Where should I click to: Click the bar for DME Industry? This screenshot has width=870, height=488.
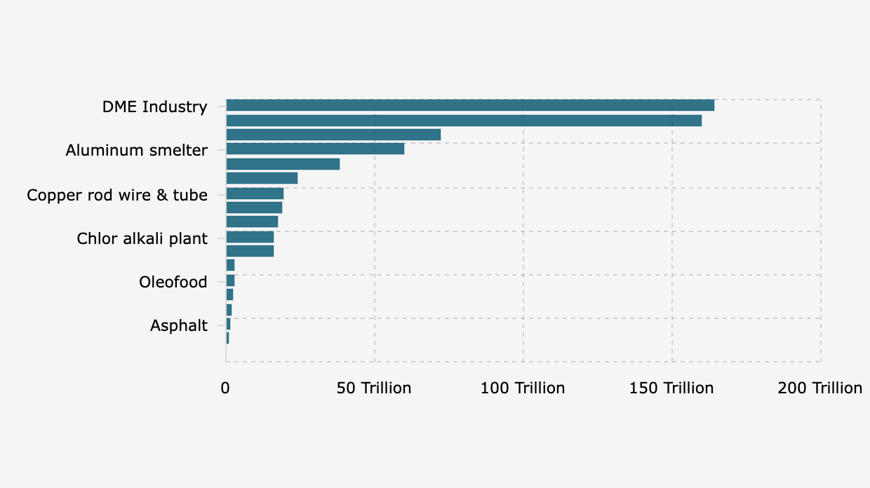pyautogui.click(x=470, y=105)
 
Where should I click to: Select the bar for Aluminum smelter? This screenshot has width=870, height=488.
pyautogui.click(x=315, y=149)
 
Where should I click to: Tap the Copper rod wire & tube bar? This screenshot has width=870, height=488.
pyautogui.click(x=255, y=194)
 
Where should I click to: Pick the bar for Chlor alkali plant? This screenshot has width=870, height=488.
pyautogui.click(x=250, y=237)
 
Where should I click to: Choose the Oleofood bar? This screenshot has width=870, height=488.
pyautogui.click(x=230, y=280)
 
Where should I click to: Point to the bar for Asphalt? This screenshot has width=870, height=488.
pyautogui.click(x=228, y=324)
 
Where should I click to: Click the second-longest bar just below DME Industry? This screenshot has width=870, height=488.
pyautogui.click(x=464, y=121)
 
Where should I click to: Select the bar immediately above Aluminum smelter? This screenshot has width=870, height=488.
pyautogui.click(x=333, y=135)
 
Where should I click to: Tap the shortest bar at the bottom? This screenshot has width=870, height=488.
pyautogui.click(x=227, y=339)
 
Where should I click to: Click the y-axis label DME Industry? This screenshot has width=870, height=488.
pyautogui.click(x=155, y=107)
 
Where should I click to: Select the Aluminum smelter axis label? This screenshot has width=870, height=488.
pyautogui.click(x=137, y=151)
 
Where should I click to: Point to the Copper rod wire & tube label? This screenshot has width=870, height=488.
pyautogui.click(x=117, y=195)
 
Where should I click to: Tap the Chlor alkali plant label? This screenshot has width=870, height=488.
pyautogui.click(x=142, y=239)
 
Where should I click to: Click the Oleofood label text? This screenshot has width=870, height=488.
pyautogui.click(x=173, y=283)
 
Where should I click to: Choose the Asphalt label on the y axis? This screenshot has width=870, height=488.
pyautogui.click(x=179, y=326)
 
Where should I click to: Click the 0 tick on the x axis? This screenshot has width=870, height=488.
pyautogui.click(x=226, y=388)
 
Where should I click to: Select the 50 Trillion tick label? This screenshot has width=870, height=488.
pyautogui.click(x=374, y=388)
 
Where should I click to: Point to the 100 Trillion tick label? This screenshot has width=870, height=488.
pyautogui.click(x=523, y=388)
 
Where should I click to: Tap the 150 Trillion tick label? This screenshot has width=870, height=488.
pyautogui.click(x=671, y=388)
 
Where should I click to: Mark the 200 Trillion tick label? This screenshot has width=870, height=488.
pyautogui.click(x=819, y=388)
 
